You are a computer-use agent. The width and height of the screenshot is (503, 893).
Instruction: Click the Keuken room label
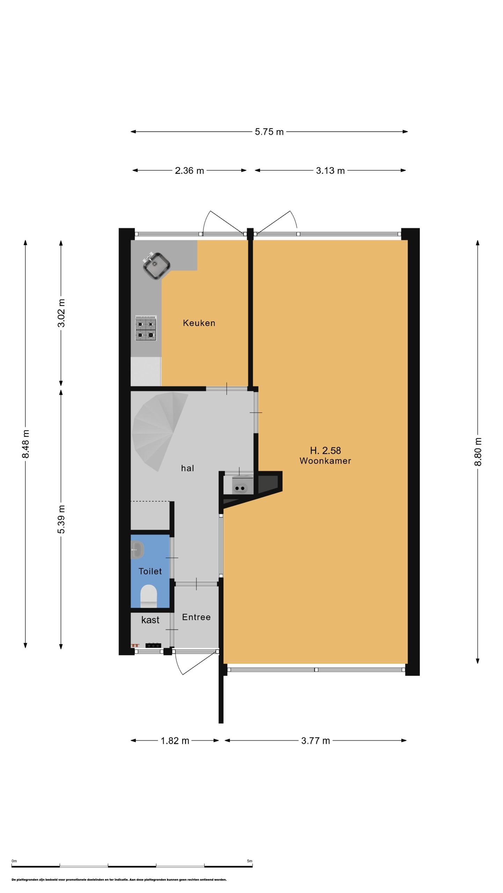[199, 323]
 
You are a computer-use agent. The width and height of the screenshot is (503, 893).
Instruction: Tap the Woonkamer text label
[325, 461]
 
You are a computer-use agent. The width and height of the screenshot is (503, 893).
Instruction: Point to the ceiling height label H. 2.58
[325, 450]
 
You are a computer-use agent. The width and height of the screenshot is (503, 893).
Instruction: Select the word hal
[187, 468]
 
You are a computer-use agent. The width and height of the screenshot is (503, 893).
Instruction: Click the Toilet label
[150, 571]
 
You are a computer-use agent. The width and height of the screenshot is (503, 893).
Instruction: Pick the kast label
[150, 620]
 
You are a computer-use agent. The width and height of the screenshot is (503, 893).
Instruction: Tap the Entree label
[196, 617]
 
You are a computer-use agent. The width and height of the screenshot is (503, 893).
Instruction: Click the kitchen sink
[156, 265]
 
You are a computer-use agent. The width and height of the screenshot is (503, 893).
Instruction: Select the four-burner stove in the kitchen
[146, 328]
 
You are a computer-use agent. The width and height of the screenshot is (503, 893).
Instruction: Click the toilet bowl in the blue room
[148, 596]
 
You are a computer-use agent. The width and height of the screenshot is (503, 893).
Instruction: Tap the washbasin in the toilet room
[137, 550]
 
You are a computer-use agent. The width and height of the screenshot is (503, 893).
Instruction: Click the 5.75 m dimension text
[269, 132]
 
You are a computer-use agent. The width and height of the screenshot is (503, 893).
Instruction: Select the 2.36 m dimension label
[189, 171]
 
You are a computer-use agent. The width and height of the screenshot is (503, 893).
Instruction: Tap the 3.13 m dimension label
[330, 171]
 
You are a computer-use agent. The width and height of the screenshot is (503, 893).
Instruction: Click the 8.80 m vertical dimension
[478, 452]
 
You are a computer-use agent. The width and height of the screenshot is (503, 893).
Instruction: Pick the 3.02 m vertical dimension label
[61, 313]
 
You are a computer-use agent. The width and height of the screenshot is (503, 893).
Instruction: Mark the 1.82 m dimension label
[175, 741]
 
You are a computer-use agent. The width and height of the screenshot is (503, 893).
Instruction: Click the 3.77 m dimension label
[315, 741]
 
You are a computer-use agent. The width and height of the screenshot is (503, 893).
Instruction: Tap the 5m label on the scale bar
[249, 861]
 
